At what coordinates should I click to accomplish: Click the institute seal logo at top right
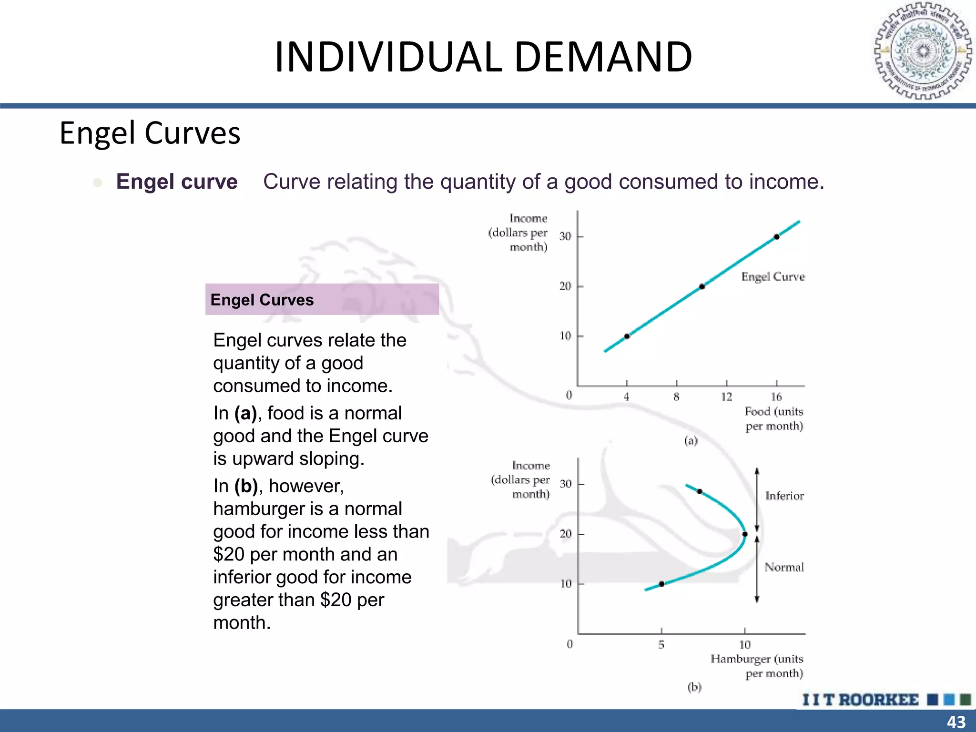pyautogui.click(x=923, y=51)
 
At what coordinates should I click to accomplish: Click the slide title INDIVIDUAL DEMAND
pyautogui.click(x=483, y=57)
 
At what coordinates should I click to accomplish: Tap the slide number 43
pyautogui.click(x=956, y=722)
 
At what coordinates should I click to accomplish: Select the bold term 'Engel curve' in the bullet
pyautogui.click(x=177, y=182)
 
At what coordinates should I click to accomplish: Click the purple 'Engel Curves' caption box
pyautogui.click(x=322, y=299)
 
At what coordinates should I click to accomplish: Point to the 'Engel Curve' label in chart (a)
pyautogui.click(x=773, y=277)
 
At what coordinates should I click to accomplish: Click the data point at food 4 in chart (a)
pyautogui.click(x=627, y=336)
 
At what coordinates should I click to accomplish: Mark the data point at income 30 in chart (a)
pyautogui.click(x=776, y=236)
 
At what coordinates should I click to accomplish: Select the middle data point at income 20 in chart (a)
pyautogui.click(x=702, y=286)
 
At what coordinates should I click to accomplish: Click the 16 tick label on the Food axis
pyautogui.click(x=776, y=396)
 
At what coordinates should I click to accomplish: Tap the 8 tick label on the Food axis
pyautogui.click(x=676, y=396)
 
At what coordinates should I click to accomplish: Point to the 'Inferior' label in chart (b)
pyautogui.click(x=784, y=496)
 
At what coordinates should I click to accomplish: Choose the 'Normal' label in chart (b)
pyautogui.click(x=784, y=567)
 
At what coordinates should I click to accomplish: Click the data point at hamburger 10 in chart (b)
pyautogui.click(x=745, y=534)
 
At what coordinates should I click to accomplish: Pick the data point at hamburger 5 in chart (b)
pyautogui.click(x=661, y=584)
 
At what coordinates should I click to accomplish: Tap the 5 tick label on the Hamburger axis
pyautogui.click(x=661, y=645)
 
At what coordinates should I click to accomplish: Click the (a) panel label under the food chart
pyautogui.click(x=691, y=440)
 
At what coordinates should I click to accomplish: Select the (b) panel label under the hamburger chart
pyautogui.click(x=694, y=687)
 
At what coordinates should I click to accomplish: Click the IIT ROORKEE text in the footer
pyautogui.click(x=860, y=700)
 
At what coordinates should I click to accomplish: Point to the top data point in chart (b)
pyautogui.click(x=700, y=491)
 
